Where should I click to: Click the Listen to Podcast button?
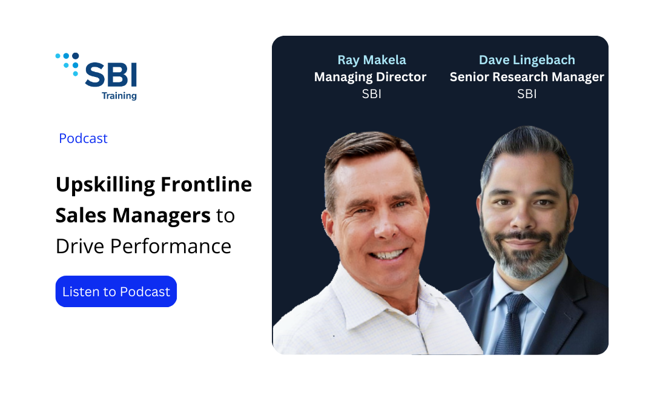click(116, 291)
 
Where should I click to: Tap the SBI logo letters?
click(111, 75)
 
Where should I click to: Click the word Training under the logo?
click(119, 96)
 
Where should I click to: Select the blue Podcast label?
click(83, 138)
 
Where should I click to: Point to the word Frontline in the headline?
click(206, 184)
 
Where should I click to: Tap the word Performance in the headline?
click(171, 246)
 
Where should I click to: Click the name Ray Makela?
click(372, 60)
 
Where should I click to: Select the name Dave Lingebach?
click(527, 60)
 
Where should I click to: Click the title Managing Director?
click(370, 77)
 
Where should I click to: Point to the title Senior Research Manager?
click(527, 77)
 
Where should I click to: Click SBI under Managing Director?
click(372, 94)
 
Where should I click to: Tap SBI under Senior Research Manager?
click(527, 94)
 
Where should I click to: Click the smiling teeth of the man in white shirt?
click(388, 254)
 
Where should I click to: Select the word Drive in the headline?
click(80, 246)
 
